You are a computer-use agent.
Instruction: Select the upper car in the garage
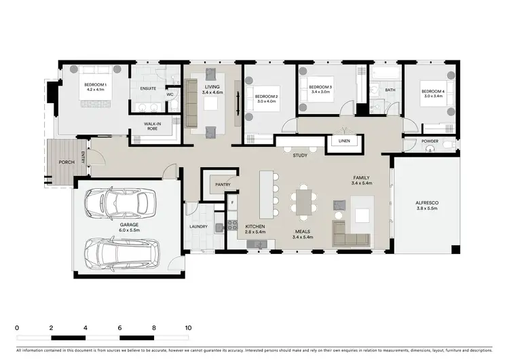121,202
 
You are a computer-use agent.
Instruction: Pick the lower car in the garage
121,251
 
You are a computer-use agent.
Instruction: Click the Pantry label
223,184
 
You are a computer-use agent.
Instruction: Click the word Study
300,156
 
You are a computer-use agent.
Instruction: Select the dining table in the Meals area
303,202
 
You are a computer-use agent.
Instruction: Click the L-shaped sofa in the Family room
351,233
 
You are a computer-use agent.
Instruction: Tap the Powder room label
429,142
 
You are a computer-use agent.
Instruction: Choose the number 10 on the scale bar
188,327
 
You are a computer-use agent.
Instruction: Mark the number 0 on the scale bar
16,327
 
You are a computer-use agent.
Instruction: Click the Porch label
67,162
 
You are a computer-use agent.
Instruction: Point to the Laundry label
198,227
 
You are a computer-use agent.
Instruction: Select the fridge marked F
232,202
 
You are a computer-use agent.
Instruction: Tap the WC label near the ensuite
170,94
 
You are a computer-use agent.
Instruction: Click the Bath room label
389,89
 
